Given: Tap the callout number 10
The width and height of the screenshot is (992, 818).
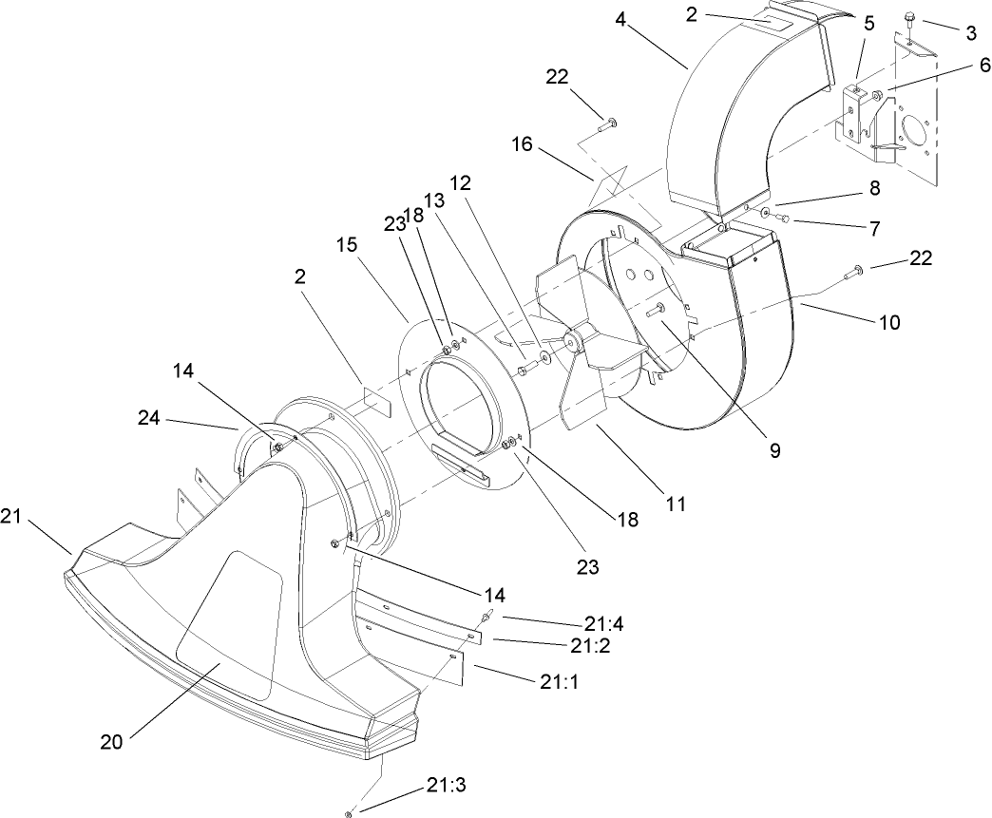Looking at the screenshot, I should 888,322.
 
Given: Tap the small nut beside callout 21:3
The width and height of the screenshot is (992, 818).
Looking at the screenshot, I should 351,812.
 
